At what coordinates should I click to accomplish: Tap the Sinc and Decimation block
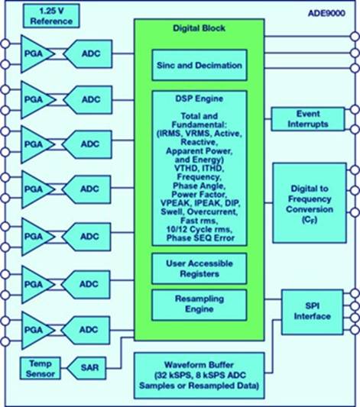click(x=199, y=65)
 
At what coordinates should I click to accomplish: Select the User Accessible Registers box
click(x=199, y=267)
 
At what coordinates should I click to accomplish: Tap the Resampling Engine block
click(x=199, y=303)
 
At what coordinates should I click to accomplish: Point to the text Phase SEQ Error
click(x=199, y=239)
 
